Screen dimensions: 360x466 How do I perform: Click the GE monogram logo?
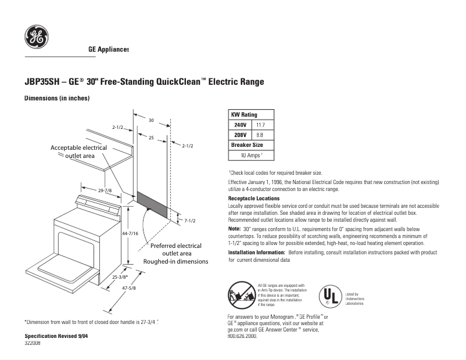[37, 37]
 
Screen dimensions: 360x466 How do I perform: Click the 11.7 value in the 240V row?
[260, 125]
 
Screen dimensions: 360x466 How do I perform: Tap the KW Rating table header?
[244, 114]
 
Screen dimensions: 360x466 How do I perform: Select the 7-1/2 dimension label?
[189, 221]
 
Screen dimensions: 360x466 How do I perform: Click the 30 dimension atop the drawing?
[150, 120]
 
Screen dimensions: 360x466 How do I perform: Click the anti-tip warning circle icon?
[241, 294]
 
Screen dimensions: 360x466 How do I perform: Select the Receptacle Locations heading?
[254, 199]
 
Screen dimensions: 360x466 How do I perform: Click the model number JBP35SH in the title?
[43, 82]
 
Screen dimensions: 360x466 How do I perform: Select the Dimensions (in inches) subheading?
[56, 99]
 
